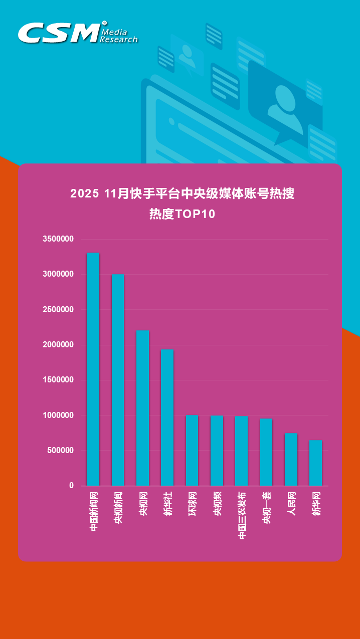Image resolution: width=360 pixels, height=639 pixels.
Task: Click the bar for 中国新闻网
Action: (x=93, y=369)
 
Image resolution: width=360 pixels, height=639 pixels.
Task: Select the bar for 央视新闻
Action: (x=118, y=380)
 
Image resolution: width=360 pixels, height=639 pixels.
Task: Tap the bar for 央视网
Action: (x=142, y=408)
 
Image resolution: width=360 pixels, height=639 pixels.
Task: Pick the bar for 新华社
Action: (x=167, y=417)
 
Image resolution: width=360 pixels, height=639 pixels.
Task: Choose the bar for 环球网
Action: (x=192, y=450)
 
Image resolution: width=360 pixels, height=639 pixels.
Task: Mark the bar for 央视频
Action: (x=217, y=451)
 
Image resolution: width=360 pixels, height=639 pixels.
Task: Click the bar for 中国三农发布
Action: (x=241, y=451)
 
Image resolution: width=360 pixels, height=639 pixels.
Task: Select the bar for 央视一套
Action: (x=266, y=452)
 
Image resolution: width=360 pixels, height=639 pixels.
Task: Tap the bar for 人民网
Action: (x=291, y=459)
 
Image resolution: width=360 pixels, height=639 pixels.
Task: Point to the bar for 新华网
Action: (x=315, y=463)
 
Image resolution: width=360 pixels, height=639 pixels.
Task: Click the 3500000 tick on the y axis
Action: (x=58, y=239)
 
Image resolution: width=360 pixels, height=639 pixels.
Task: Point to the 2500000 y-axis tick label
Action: (x=58, y=310)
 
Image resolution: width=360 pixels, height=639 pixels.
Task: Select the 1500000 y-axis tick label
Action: (x=58, y=380)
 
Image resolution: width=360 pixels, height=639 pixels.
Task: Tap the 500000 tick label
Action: (x=61, y=451)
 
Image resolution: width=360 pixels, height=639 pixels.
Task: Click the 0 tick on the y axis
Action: (x=71, y=486)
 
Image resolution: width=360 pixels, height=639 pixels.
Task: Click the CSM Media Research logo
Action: (x=78, y=33)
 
